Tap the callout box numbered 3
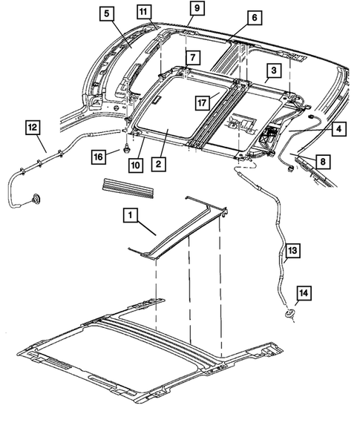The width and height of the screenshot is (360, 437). [x=273, y=70]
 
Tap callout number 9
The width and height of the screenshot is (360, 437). [x=197, y=8]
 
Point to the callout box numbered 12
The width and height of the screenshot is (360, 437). [x=33, y=127]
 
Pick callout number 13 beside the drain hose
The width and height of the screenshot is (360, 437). [x=292, y=253]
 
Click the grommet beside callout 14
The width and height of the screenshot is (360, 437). [x=287, y=318]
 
